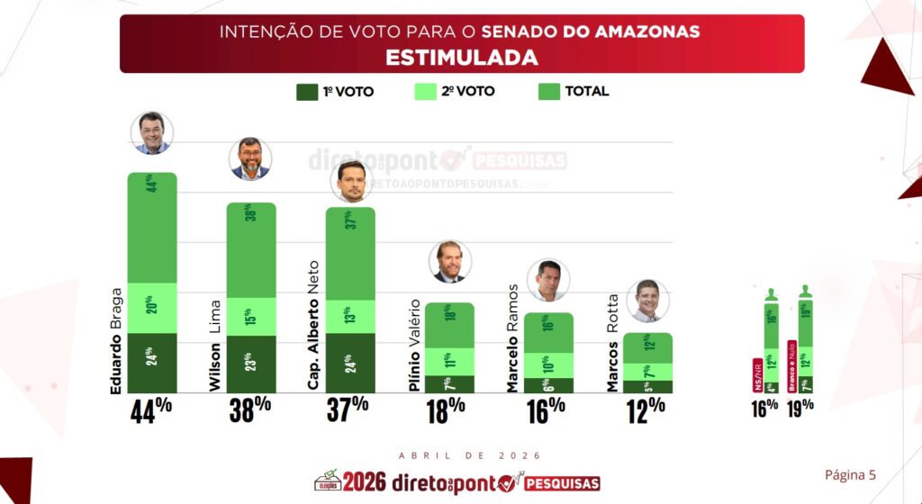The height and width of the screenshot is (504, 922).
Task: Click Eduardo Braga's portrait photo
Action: coord(151,133)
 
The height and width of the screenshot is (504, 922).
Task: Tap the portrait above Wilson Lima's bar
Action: coord(250,159)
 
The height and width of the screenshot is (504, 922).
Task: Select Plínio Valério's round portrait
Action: coord(450,262)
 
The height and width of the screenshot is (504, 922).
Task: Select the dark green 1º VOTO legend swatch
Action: coord(306,92)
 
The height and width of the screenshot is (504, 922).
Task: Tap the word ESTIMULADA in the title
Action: coord(461,58)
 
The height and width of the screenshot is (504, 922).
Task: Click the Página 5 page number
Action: coord(850,474)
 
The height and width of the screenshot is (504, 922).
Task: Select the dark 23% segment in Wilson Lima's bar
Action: coord(250,364)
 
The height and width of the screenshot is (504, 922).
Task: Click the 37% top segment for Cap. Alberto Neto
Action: coord(350,253)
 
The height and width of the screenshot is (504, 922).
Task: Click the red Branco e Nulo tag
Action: coord(791,365)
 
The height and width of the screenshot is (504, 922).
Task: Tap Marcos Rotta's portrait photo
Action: coord(647,301)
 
